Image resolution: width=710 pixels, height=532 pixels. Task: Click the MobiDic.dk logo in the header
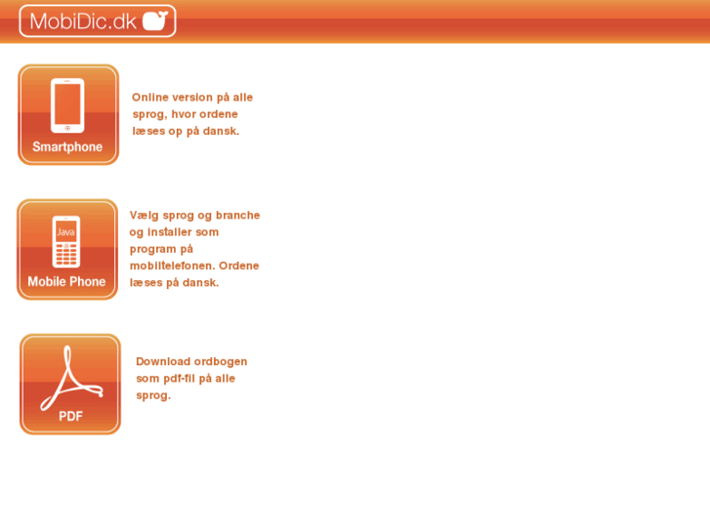point(98,20)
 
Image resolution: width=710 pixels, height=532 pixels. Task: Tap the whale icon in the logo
point(155,20)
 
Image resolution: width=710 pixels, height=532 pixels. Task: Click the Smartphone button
point(68,114)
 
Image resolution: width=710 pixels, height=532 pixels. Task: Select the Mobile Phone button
point(67,249)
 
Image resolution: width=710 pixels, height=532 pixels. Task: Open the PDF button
point(70,384)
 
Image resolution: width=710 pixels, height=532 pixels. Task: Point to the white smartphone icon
point(67,104)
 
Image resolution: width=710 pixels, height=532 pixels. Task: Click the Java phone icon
point(66,240)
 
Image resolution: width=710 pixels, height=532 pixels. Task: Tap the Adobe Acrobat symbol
point(70,374)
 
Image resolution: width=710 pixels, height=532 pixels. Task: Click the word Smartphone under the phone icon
point(67,147)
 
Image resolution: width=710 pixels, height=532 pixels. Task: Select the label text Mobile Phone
point(66,282)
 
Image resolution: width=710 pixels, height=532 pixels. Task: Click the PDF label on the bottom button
point(70,416)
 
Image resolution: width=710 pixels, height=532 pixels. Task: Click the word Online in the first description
point(150,98)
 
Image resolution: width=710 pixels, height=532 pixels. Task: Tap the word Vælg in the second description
point(143,215)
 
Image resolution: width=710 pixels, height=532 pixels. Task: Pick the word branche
point(237,215)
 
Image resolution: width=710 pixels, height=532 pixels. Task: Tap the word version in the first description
point(191,98)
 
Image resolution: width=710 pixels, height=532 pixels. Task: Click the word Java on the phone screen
point(66,232)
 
